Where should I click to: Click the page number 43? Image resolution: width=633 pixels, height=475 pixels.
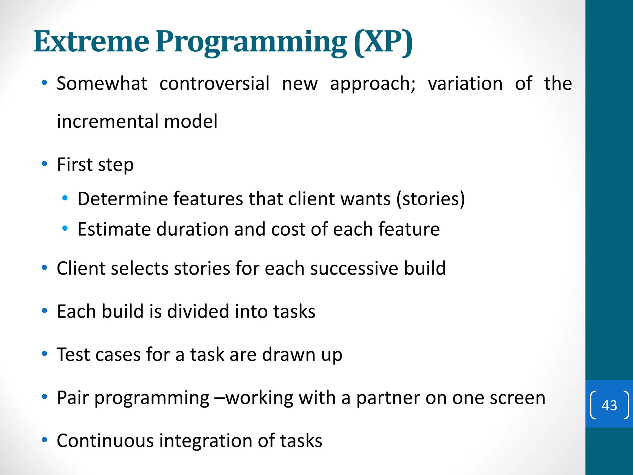pyautogui.click(x=609, y=405)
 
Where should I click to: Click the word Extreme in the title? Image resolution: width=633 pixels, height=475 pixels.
pyautogui.click(x=91, y=41)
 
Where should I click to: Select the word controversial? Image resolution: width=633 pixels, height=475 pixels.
pyautogui.click(x=214, y=83)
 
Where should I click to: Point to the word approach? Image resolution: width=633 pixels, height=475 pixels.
pyautogui.click(x=373, y=84)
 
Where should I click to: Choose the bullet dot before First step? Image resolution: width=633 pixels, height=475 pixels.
pyautogui.click(x=45, y=164)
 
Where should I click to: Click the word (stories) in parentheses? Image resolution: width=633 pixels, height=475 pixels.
pyautogui.click(x=431, y=199)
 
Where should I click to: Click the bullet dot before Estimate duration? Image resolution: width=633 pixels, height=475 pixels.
pyautogui.click(x=65, y=229)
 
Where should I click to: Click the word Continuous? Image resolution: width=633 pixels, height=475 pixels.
pyautogui.click(x=105, y=441)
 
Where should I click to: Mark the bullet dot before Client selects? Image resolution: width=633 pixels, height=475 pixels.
pyautogui.click(x=45, y=268)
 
